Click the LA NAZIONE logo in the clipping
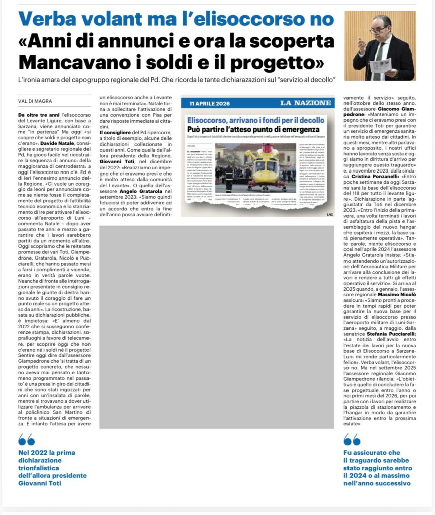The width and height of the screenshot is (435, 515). click(x=306, y=104)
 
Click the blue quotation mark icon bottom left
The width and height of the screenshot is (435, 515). click(x=26, y=440)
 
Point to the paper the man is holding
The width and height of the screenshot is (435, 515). click(x=382, y=65)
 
